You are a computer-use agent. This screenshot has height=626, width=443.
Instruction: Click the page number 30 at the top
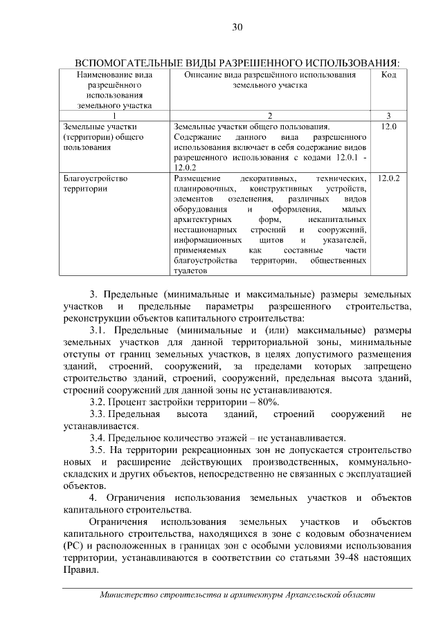pos(237,28)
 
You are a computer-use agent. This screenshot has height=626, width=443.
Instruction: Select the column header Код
pos(388,75)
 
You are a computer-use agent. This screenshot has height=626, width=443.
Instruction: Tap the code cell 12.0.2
pos(389,178)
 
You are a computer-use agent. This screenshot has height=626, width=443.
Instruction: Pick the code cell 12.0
pos(389,127)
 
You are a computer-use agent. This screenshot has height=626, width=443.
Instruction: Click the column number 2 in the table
pos(270,116)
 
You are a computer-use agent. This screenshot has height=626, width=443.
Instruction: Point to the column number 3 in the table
pos(388,116)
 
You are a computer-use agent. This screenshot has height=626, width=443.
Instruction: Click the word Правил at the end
pos(80,571)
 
